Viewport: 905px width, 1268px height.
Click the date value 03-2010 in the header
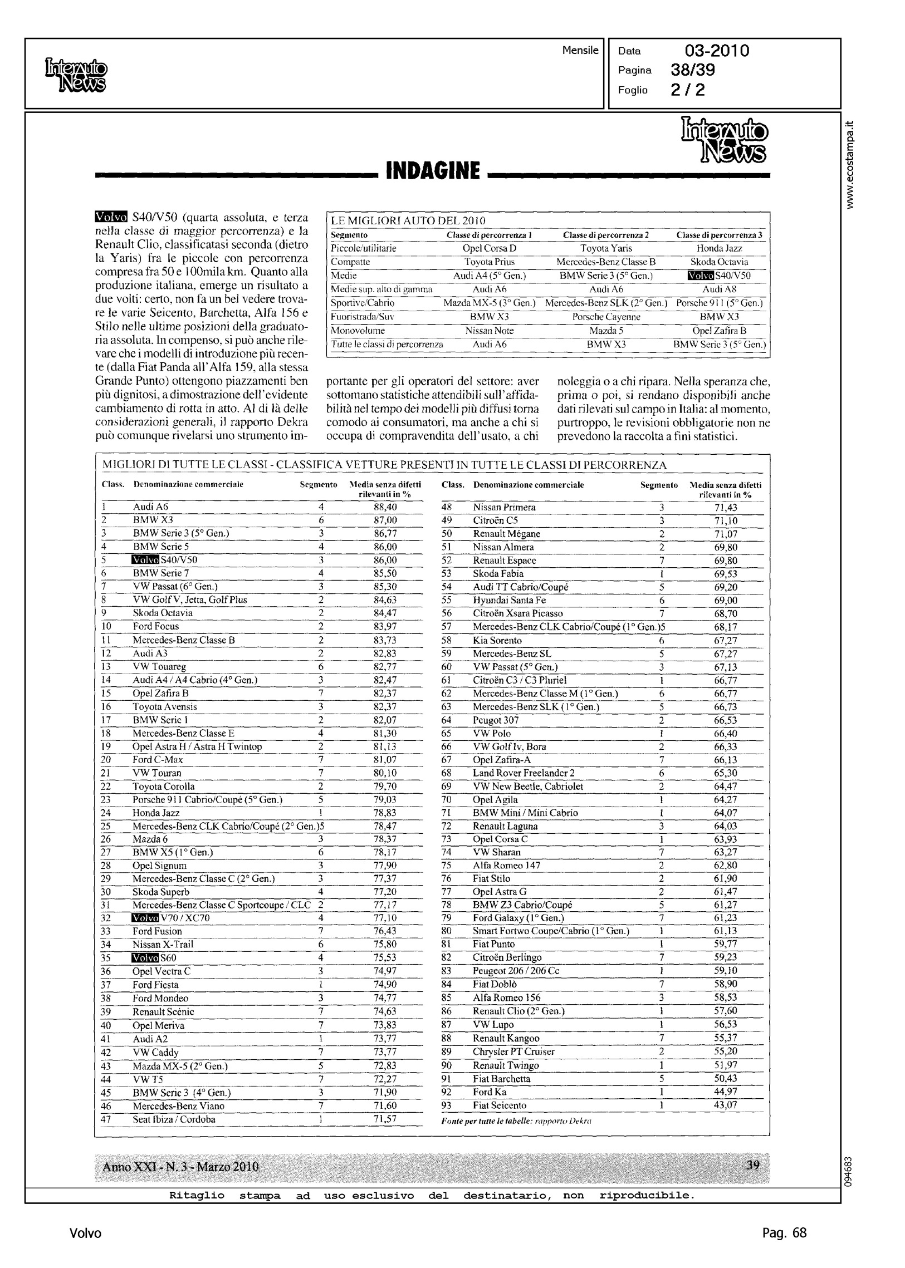(x=717, y=51)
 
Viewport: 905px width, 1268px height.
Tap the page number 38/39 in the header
(x=693, y=70)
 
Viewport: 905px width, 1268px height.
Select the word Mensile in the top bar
(x=580, y=51)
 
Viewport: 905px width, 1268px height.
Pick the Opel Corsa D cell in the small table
(x=490, y=248)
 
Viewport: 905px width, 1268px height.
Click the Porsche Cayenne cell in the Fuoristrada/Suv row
(x=606, y=317)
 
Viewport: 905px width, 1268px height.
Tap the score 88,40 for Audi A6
(x=384, y=507)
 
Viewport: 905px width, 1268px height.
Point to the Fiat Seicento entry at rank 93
(x=500, y=1105)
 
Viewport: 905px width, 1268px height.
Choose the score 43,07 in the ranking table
(x=726, y=1105)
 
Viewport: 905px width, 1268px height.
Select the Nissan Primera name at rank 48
(x=505, y=507)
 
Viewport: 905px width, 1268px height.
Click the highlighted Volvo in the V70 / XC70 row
(x=145, y=918)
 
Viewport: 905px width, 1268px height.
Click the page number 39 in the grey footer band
(x=753, y=1166)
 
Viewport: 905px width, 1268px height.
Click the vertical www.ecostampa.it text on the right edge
(x=849, y=164)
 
